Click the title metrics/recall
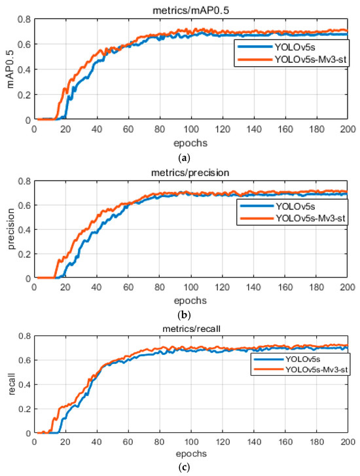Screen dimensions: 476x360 [x=190, y=321]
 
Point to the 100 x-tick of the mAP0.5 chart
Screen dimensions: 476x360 [x=190, y=128]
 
